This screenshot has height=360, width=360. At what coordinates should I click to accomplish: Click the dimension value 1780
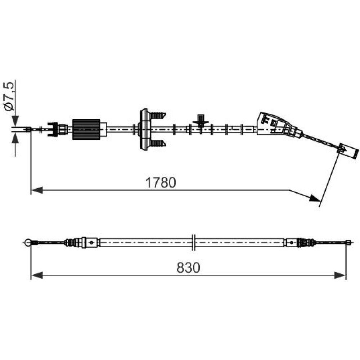point(161,183)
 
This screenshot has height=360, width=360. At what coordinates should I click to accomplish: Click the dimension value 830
point(188,268)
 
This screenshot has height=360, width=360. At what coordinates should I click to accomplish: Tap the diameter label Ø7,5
point(9,96)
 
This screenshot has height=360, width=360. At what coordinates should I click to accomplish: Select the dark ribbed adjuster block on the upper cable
point(86,129)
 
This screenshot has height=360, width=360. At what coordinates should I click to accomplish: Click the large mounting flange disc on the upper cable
point(144,130)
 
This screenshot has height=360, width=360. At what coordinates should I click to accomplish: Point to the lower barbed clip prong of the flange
point(158,144)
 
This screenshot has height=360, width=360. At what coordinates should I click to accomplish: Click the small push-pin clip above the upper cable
point(201,121)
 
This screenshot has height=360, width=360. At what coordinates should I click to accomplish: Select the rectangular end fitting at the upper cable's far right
point(348,150)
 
